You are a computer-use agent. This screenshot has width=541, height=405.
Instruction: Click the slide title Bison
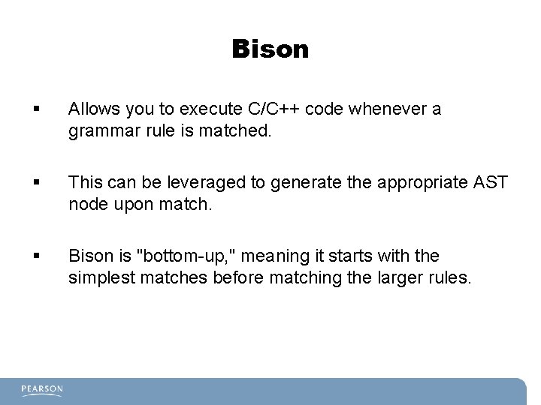pyautogui.click(x=270, y=49)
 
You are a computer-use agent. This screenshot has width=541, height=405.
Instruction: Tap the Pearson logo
pyautogui.click(x=42, y=390)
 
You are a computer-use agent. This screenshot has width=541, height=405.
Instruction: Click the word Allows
pyautogui.click(x=90, y=109)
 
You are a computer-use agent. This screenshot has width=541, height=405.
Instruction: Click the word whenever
pyautogui.click(x=388, y=109)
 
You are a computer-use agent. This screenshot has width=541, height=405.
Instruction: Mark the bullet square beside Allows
pyautogui.click(x=36, y=110)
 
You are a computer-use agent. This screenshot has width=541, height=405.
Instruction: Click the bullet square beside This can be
pyautogui.click(x=36, y=183)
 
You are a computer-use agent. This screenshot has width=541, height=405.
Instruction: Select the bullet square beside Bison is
pyautogui.click(x=36, y=256)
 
